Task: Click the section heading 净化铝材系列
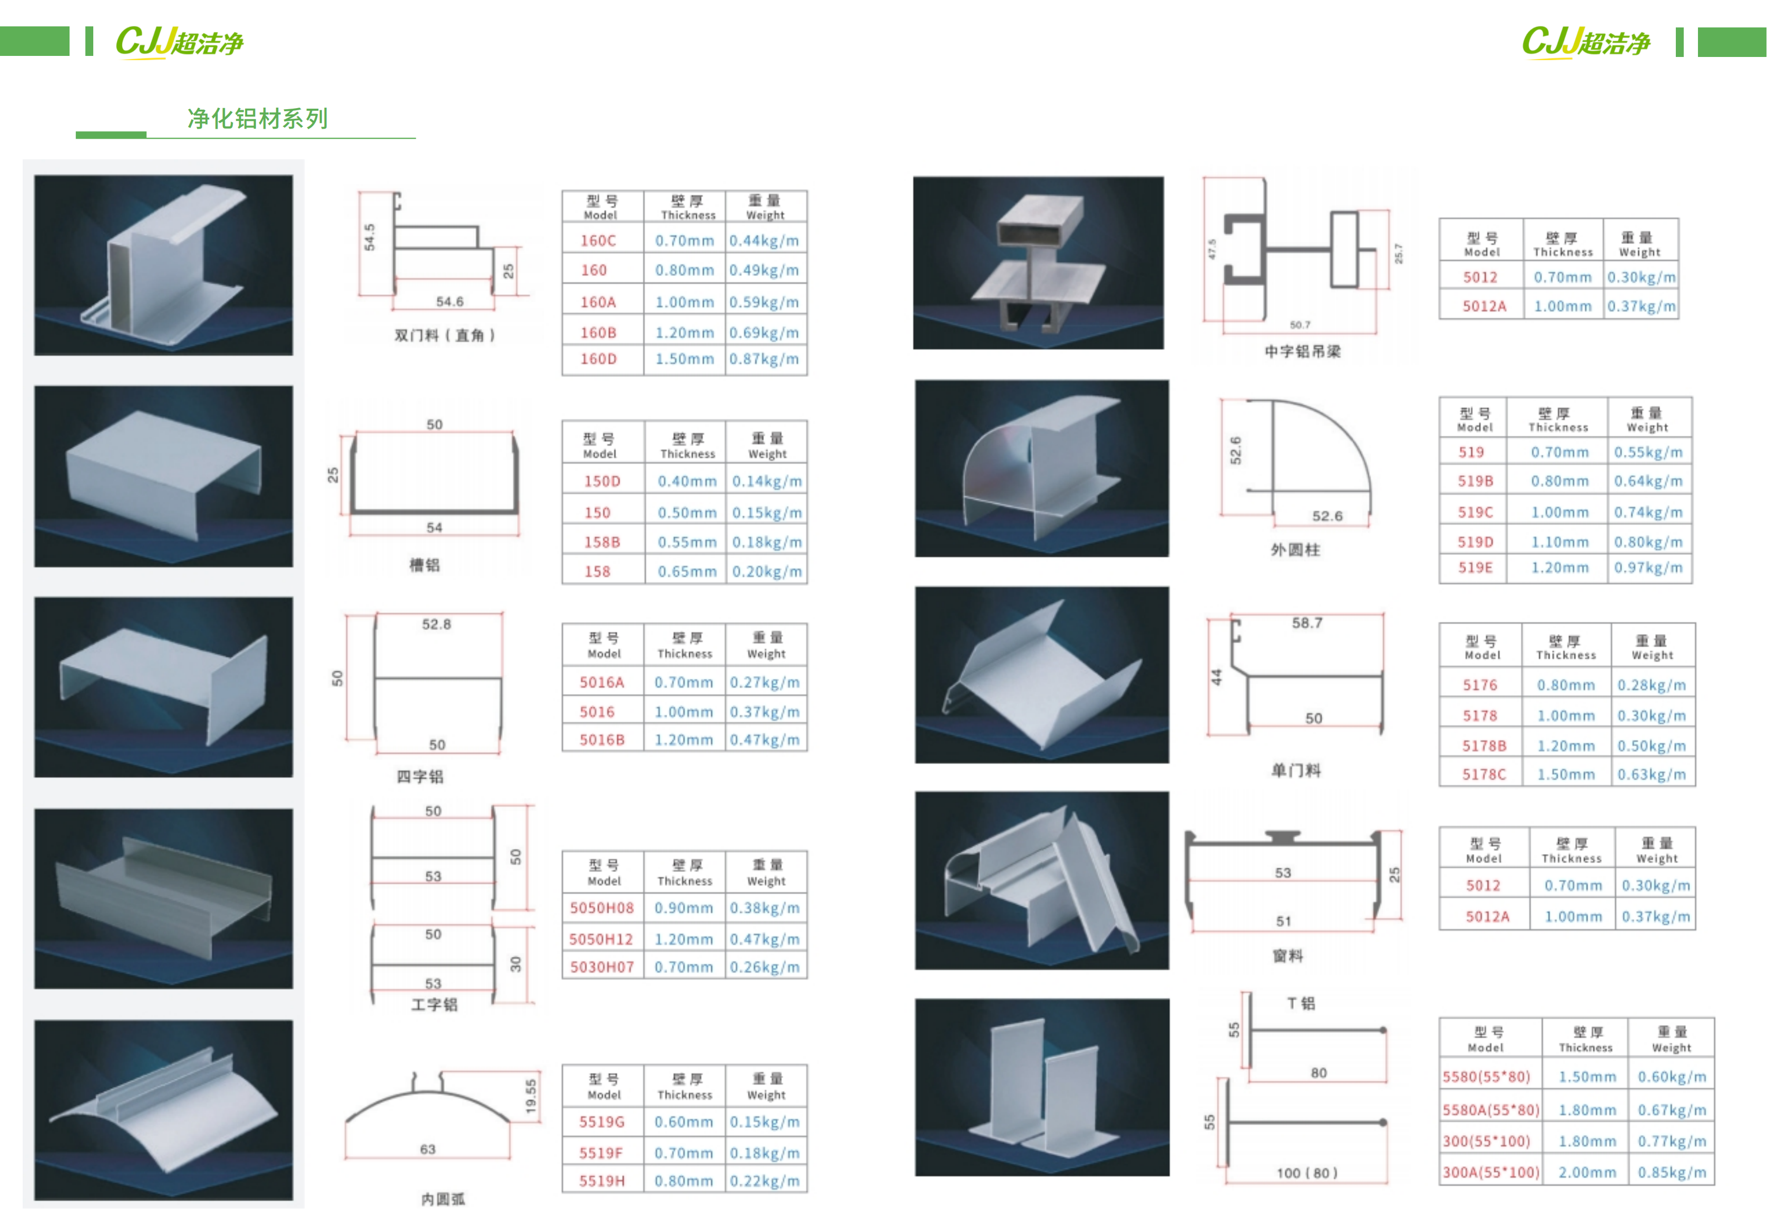(x=257, y=119)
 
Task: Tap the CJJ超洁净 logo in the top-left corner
(x=179, y=42)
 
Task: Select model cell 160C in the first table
(x=598, y=241)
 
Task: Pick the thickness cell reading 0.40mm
(x=687, y=481)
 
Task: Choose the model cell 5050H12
(x=601, y=939)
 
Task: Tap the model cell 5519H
(x=601, y=1181)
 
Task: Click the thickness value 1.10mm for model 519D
(x=1559, y=542)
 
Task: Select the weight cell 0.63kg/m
(x=1652, y=774)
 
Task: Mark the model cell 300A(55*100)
(x=1491, y=1172)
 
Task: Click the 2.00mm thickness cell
(x=1587, y=1172)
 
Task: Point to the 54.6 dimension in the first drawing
(x=450, y=301)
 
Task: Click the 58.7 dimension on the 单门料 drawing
(x=1307, y=622)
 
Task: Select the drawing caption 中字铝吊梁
(x=1302, y=351)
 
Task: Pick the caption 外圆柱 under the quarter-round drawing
(x=1295, y=549)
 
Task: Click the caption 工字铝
(x=434, y=1004)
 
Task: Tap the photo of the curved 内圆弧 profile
(x=163, y=1110)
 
